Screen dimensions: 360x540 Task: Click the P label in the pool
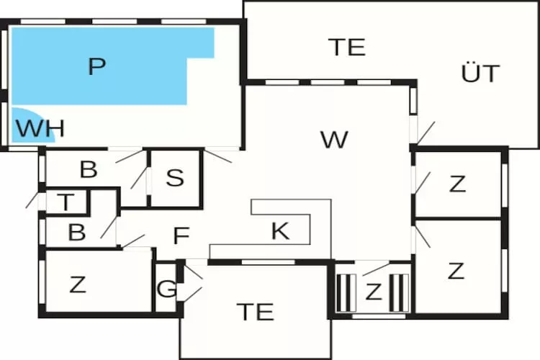96,67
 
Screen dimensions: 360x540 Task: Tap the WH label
40,130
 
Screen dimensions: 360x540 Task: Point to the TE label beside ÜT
347,47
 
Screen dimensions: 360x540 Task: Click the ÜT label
480,73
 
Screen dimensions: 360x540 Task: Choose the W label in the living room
334,140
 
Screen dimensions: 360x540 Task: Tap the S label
175,178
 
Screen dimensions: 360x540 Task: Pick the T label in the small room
66,203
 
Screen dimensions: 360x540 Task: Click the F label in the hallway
181,235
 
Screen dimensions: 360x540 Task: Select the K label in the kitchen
279,232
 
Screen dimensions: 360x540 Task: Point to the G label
166,290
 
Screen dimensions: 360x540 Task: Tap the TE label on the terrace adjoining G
255,312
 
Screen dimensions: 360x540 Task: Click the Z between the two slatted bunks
373,292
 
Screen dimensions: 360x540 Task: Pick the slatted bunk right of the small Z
397,292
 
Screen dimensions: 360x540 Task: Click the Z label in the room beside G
77,284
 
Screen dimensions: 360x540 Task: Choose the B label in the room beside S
88,170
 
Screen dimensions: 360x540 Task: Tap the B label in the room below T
76,233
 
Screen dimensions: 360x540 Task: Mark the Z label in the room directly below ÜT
456,184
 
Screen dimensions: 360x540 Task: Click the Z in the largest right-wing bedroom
455,271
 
